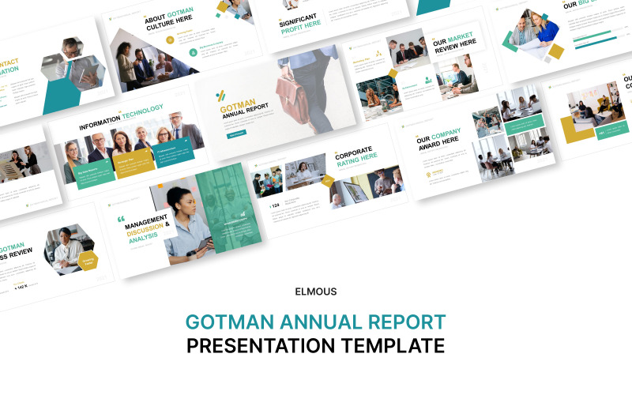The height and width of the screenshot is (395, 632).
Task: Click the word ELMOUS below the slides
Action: coord(315,292)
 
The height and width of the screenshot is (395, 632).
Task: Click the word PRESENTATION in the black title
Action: coord(265,345)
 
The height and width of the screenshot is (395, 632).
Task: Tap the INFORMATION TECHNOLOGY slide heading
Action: coord(120,115)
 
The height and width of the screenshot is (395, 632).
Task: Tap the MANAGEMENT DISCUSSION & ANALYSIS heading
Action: coord(145,229)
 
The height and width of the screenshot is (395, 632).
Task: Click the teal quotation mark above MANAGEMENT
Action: coord(121,220)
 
